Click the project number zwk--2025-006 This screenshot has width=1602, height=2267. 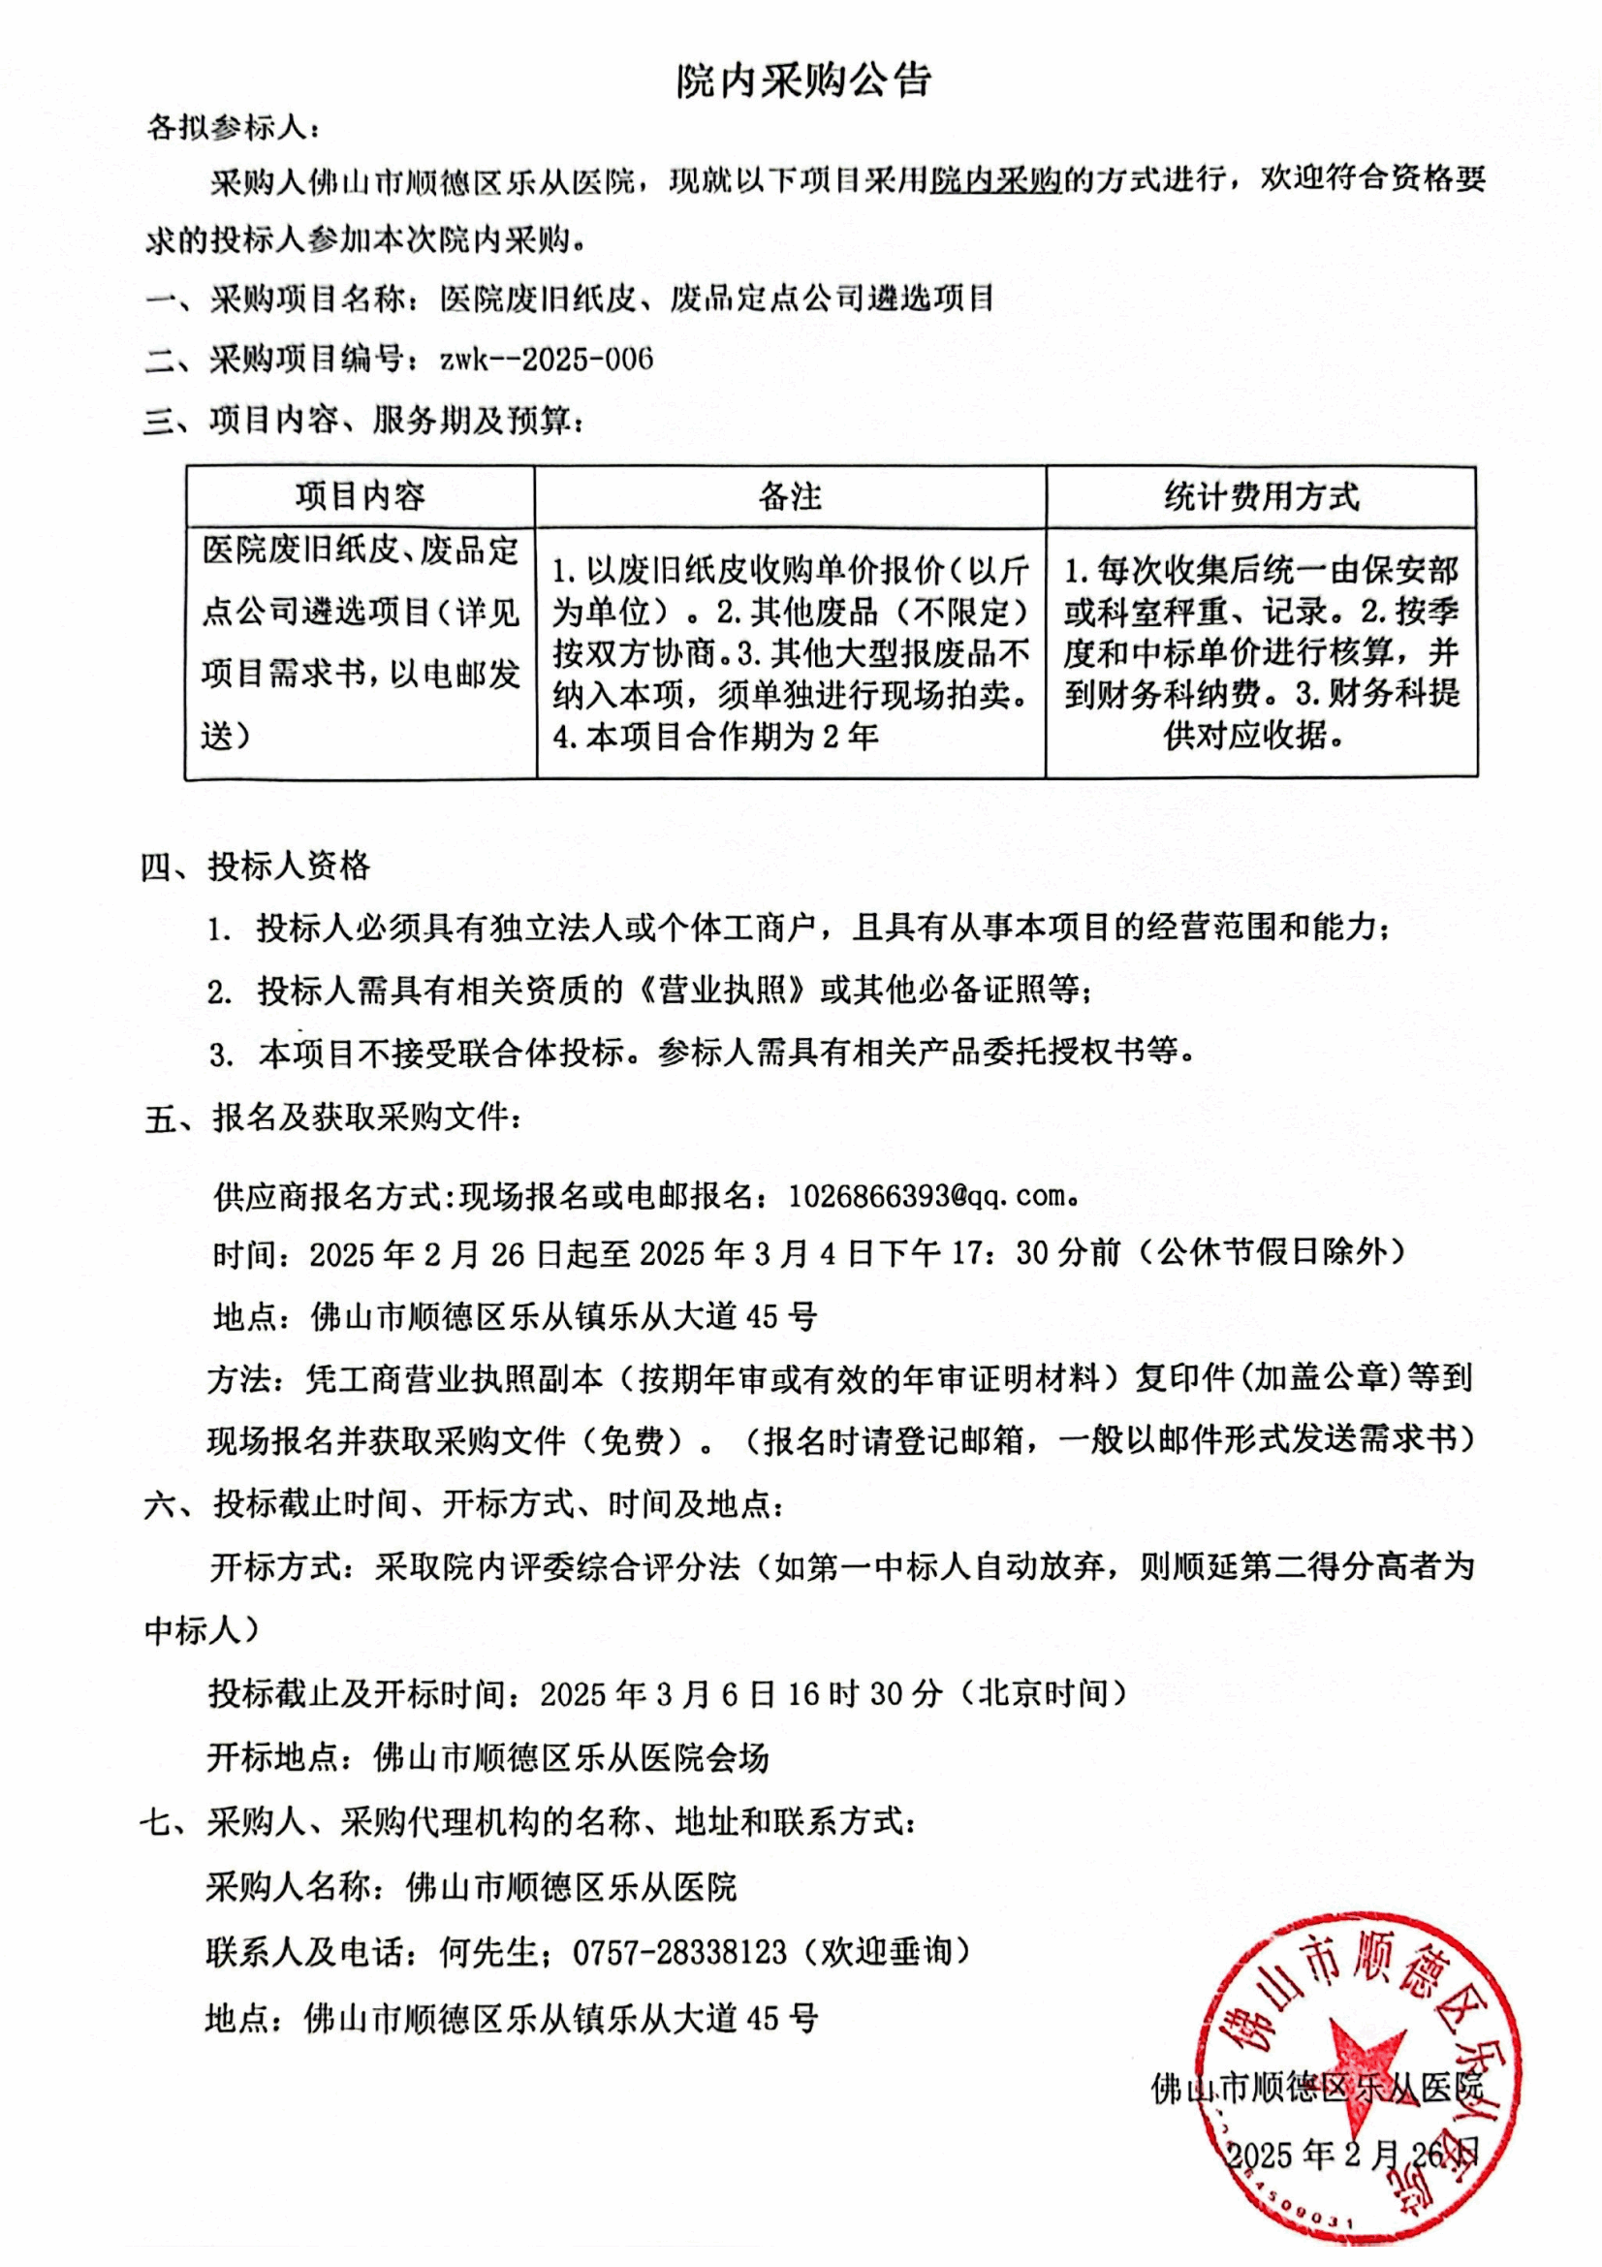547,359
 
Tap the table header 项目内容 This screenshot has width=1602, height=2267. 360,495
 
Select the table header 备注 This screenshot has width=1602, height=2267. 790,495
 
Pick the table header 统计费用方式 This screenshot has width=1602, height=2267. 1261,495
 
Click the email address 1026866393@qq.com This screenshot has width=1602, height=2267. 927,1196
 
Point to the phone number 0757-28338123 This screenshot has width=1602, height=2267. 679,1952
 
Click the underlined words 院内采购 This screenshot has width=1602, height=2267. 996,179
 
